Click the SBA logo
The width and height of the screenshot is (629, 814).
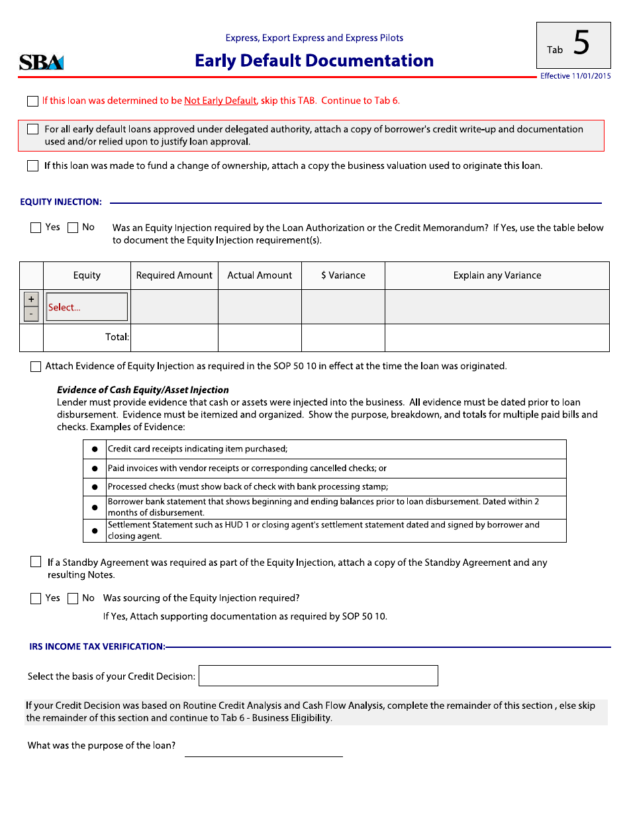point(41,62)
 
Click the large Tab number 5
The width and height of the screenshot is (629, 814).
point(581,44)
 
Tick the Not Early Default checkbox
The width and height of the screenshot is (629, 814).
point(32,101)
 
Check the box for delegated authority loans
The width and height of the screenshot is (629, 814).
point(32,130)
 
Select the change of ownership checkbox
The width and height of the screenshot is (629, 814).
point(32,166)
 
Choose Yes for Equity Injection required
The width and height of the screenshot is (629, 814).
point(36,228)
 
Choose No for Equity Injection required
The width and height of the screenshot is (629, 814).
point(73,228)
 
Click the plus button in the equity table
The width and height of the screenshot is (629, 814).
point(31,299)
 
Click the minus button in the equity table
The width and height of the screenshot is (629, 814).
point(31,314)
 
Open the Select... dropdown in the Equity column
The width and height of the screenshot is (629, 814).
point(87,307)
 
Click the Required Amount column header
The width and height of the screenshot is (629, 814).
point(174,275)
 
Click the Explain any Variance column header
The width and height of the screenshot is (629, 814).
point(497,275)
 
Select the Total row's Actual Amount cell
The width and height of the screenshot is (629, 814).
point(260,338)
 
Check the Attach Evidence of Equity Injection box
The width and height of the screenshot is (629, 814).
point(36,367)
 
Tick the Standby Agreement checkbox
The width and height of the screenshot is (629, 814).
point(36,562)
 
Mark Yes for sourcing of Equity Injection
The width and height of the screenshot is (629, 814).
point(36,599)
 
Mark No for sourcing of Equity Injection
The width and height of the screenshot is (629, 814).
point(73,599)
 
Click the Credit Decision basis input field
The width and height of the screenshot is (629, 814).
point(318,676)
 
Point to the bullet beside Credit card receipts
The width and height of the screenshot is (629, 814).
point(95,449)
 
